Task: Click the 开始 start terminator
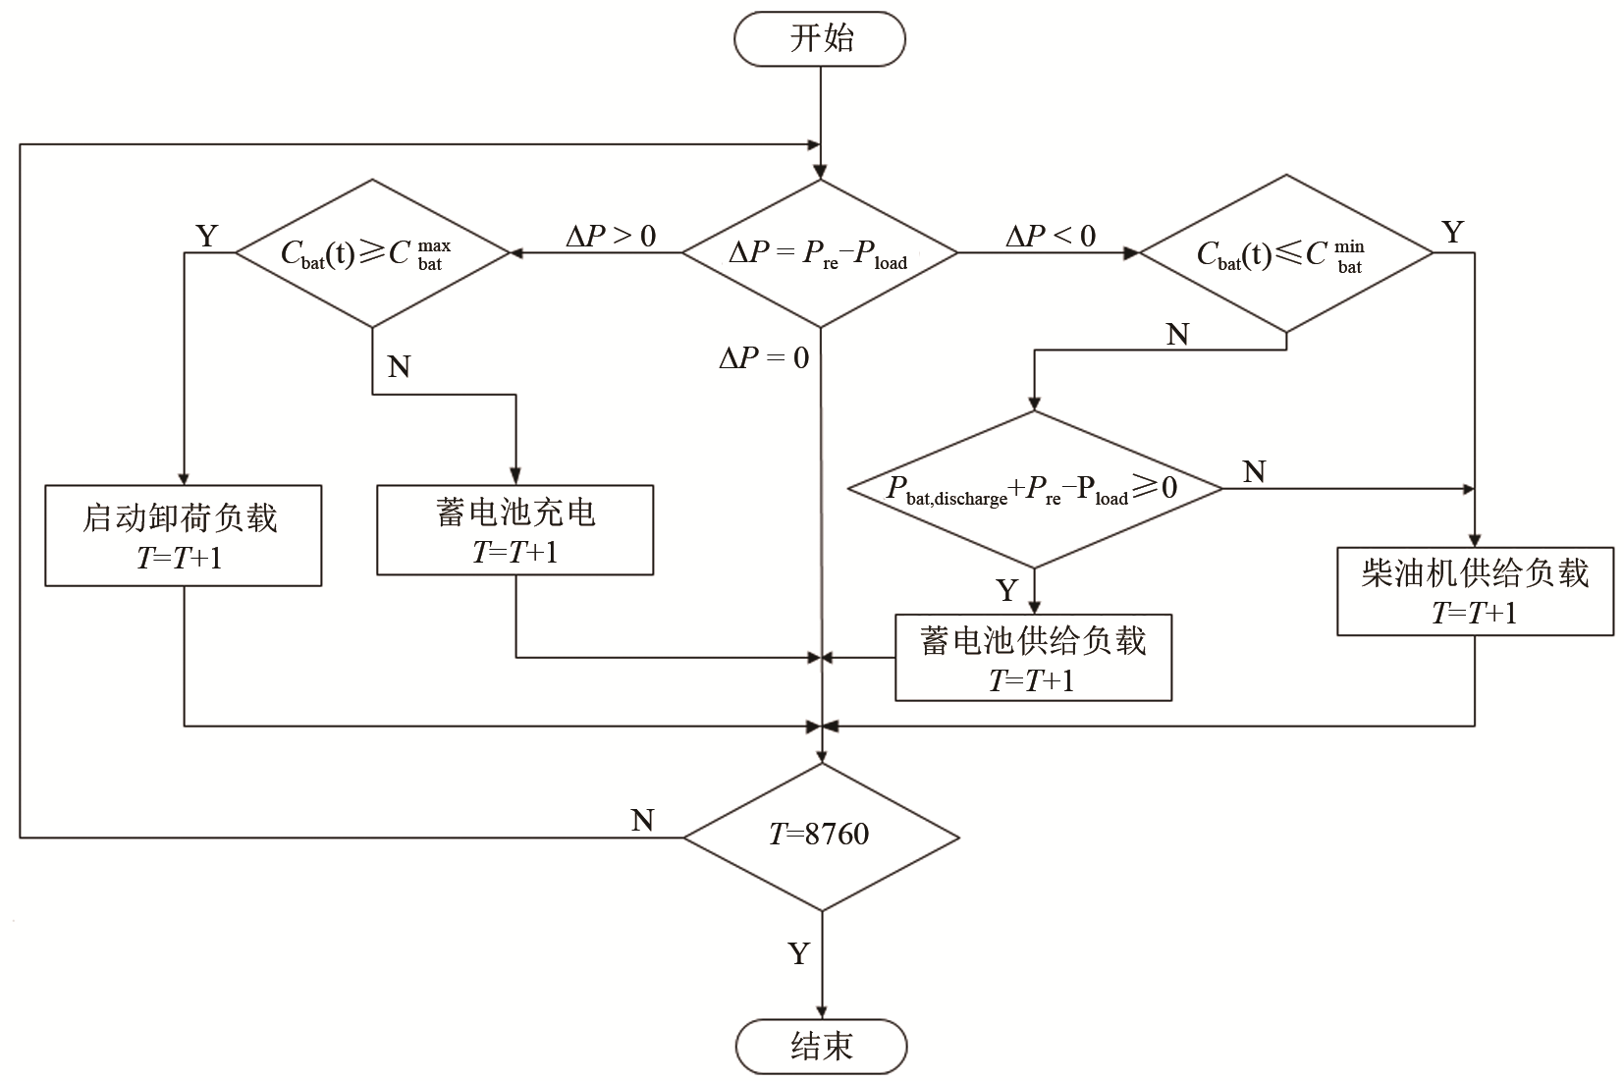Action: [x=820, y=39]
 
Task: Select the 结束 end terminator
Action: [x=822, y=1047]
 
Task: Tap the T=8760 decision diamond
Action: [x=821, y=837]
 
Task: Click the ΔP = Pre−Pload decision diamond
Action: [x=819, y=253]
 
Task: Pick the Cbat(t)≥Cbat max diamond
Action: [x=372, y=253]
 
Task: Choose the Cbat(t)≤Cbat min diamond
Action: [x=1286, y=253]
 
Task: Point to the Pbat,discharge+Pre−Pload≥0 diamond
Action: [x=1034, y=488]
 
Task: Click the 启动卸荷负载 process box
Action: [x=184, y=535]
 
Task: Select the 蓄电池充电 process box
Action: [x=515, y=529]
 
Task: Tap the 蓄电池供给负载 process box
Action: [x=1033, y=658]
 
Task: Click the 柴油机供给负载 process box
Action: [x=1475, y=591]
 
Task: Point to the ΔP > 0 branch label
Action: [x=611, y=236]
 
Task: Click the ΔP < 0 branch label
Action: [x=1050, y=236]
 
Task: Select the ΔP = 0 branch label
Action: [x=764, y=358]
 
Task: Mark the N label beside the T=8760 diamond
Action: [x=643, y=820]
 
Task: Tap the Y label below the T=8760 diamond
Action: [x=799, y=953]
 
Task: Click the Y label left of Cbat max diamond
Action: [x=207, y=236]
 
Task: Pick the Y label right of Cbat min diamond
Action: [x=1452, y=233]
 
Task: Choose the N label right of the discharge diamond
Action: [x=1254, y=472]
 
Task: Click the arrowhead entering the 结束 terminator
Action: [x=821, y=1012]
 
